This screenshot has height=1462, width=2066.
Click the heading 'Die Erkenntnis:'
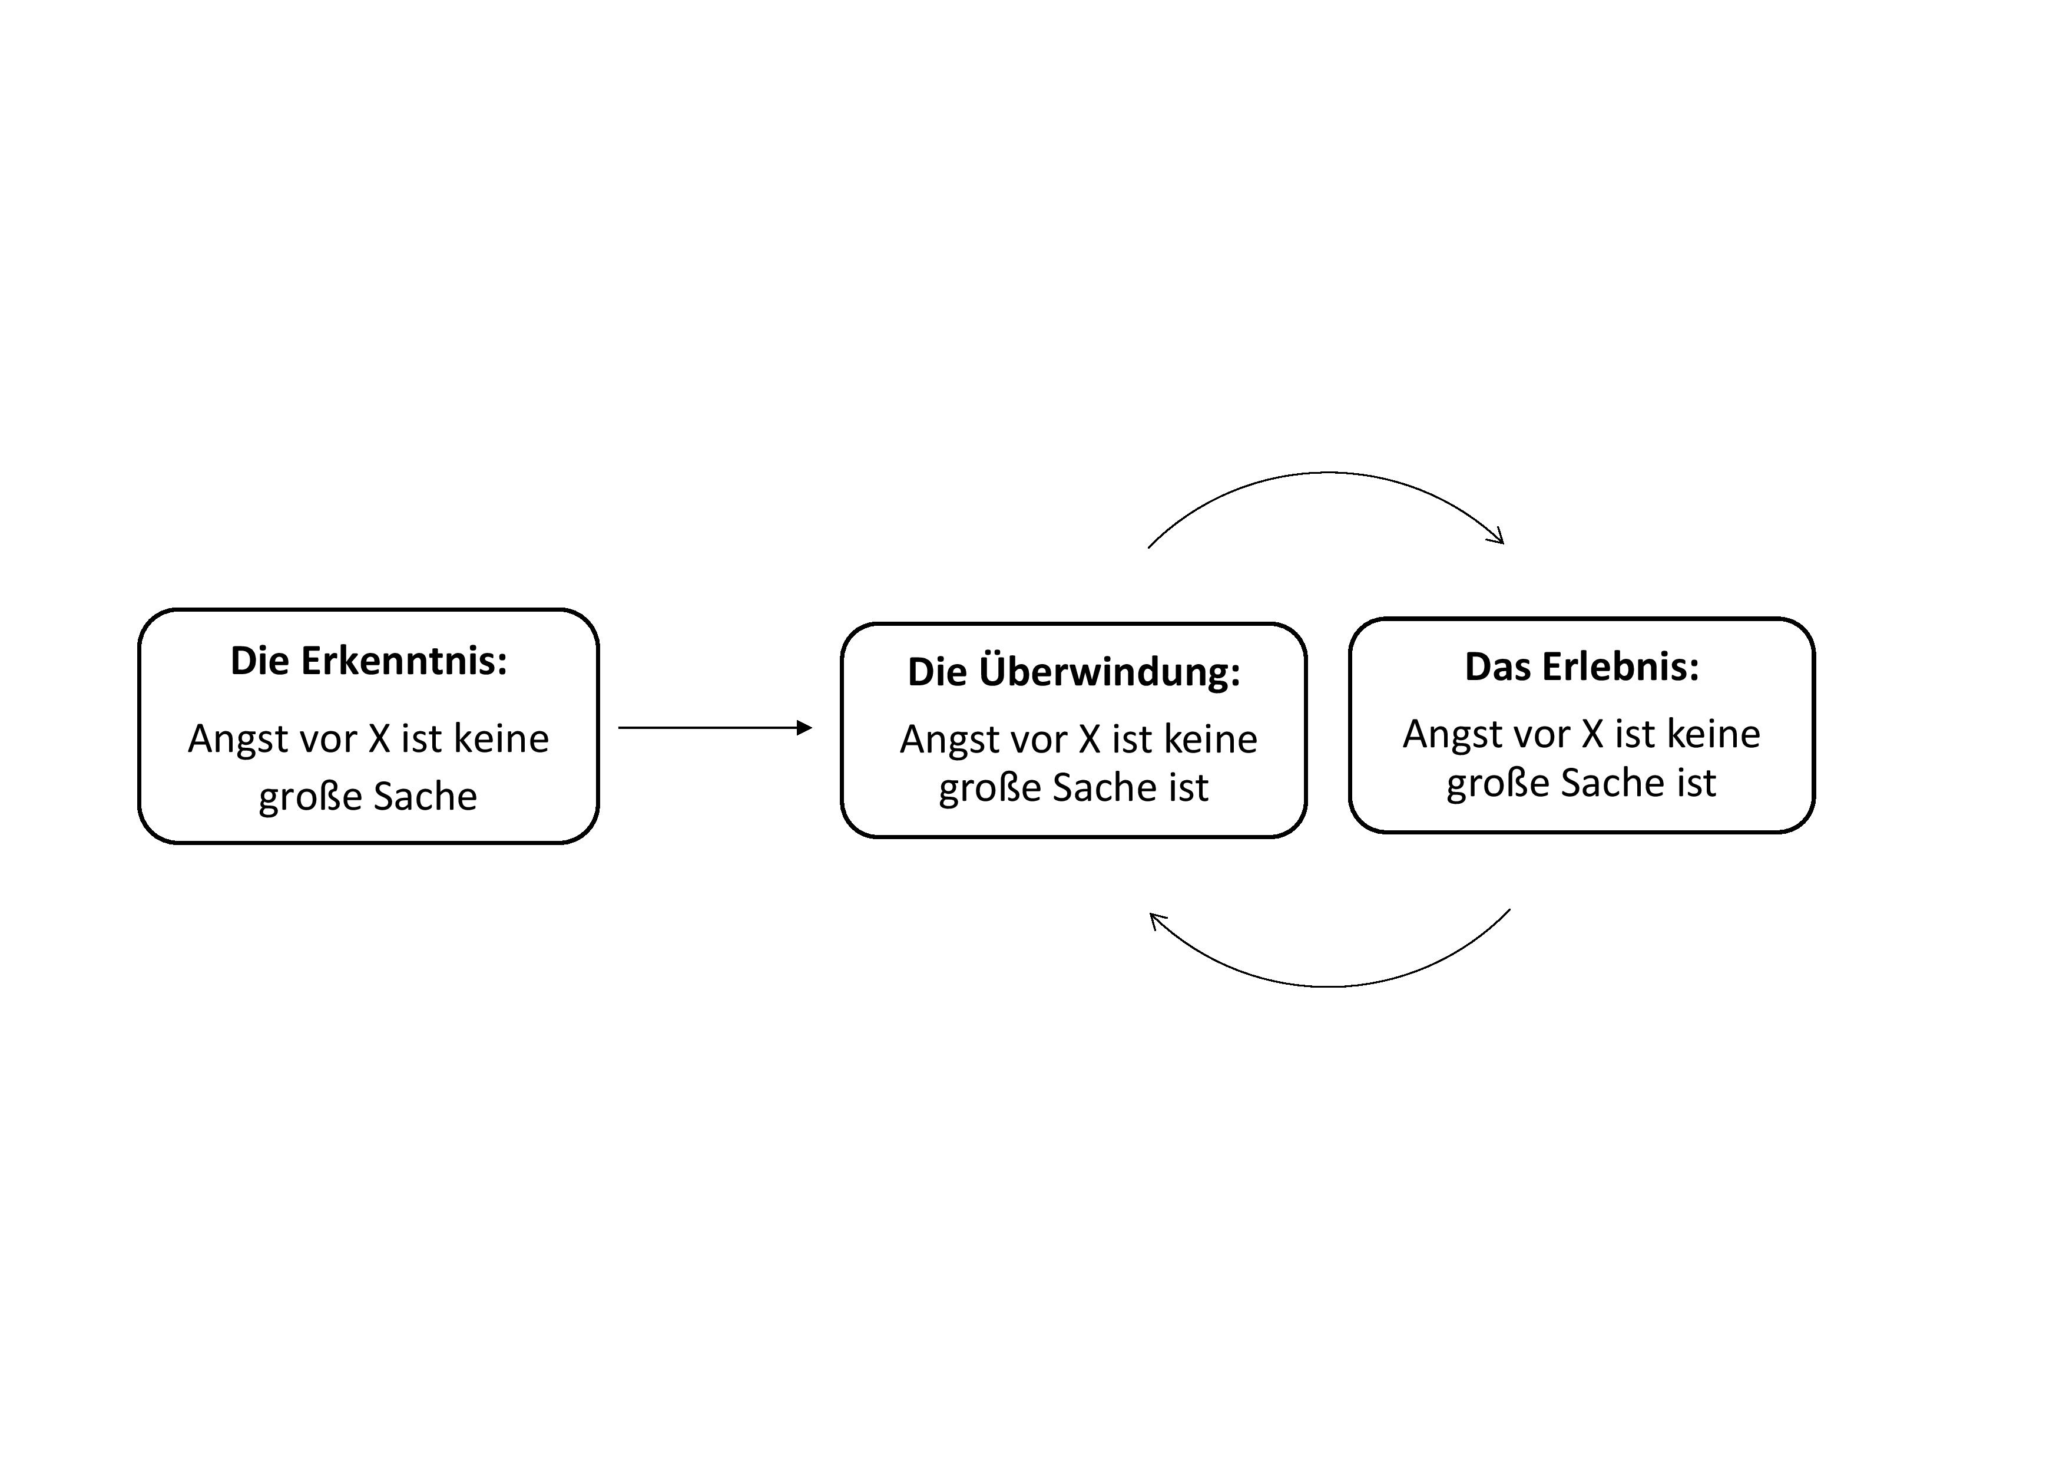(369, 661)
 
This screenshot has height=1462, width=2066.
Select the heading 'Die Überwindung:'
(1074, 672)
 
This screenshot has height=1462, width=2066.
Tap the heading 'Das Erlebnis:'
(1582, 666)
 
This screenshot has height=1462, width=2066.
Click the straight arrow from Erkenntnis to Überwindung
(716, 727)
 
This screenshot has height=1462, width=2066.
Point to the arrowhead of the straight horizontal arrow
(805, 727)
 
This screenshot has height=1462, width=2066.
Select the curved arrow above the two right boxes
(1328, 473)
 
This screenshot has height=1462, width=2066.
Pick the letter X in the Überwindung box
(1090, 739)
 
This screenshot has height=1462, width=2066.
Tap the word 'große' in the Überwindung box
(990, 788)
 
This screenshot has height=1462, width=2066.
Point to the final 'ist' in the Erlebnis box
(1696, 783)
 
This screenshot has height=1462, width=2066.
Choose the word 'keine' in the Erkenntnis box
(501, 739)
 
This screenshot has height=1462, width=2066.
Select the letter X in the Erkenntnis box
(379, 739)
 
